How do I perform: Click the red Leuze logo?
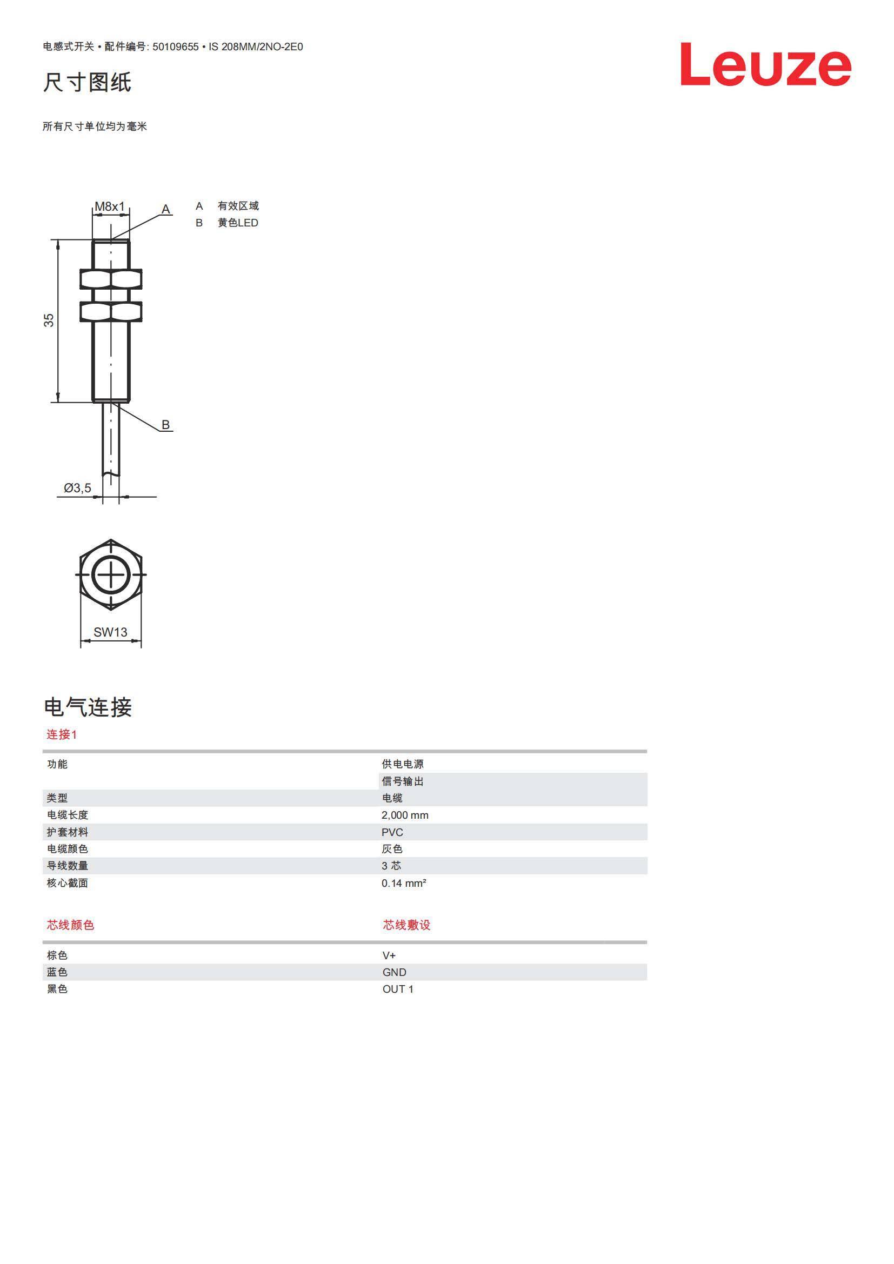click(766, 64)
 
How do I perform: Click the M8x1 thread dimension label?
click(110, 206)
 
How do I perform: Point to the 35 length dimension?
click(49, 320)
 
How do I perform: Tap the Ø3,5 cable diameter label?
click(78, 488)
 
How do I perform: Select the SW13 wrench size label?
click(110, 632)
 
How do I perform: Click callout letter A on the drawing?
click(166, 209)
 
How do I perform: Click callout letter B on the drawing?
click(166, 424)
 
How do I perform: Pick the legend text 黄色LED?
click(238, 223)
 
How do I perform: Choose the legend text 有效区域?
click(238, 206)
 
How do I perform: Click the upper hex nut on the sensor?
click(111, 279)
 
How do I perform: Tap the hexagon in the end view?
click(111, 575)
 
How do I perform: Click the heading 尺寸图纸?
click(88, 82)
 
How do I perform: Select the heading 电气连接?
click(88, 707)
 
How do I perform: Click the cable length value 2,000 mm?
click(405, 815)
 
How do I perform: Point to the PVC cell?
click(392, 832)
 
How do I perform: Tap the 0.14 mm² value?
click(404, 883)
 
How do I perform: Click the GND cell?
click(394, 972)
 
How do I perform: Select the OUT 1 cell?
click(397, 989)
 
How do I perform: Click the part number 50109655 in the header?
click(175, 47)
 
